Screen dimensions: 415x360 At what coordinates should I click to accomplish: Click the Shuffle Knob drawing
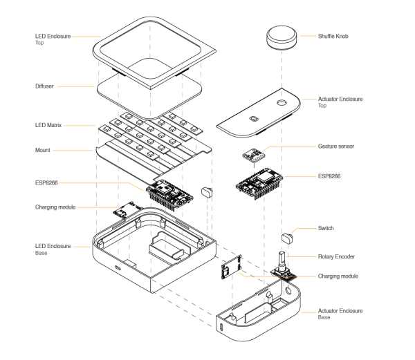(x=282, y=37)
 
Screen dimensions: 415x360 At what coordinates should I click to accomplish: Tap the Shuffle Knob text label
(x=333, y=36)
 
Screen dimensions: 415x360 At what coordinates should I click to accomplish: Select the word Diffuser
(x=44, y=86)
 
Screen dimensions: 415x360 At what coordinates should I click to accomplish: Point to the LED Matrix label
(x=48, y=125)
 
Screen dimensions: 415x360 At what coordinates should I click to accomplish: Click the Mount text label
(x=43, y=150)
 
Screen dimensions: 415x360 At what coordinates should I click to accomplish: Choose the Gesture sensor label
(x=336, y=146)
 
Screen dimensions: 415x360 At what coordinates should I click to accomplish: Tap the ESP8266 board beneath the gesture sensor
(x=259, y=183)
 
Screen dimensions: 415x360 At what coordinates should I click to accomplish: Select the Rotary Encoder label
(x=336, y=256)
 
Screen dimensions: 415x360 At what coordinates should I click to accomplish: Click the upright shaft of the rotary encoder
(x=282, y=260)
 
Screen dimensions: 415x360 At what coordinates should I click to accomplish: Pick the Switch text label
(x=326, y=228)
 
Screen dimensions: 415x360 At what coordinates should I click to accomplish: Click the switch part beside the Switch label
(x=288, y=238)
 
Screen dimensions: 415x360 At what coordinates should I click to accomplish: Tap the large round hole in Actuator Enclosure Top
(x=282, y=102)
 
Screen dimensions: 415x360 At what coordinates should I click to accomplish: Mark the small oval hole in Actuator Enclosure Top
(x=254, y=118)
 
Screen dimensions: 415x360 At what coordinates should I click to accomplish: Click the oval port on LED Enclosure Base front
(x=118, y=268)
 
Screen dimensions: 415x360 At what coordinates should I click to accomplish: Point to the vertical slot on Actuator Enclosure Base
(x=221, y=327)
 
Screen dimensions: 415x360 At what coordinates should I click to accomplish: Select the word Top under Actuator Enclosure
(x=322, y=106)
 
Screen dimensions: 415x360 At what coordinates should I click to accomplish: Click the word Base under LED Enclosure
(x=41, y=253)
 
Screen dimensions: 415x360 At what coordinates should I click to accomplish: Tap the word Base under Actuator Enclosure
(x=324, y=317)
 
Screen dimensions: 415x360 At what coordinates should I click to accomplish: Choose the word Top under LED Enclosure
(x=39, y=43)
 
